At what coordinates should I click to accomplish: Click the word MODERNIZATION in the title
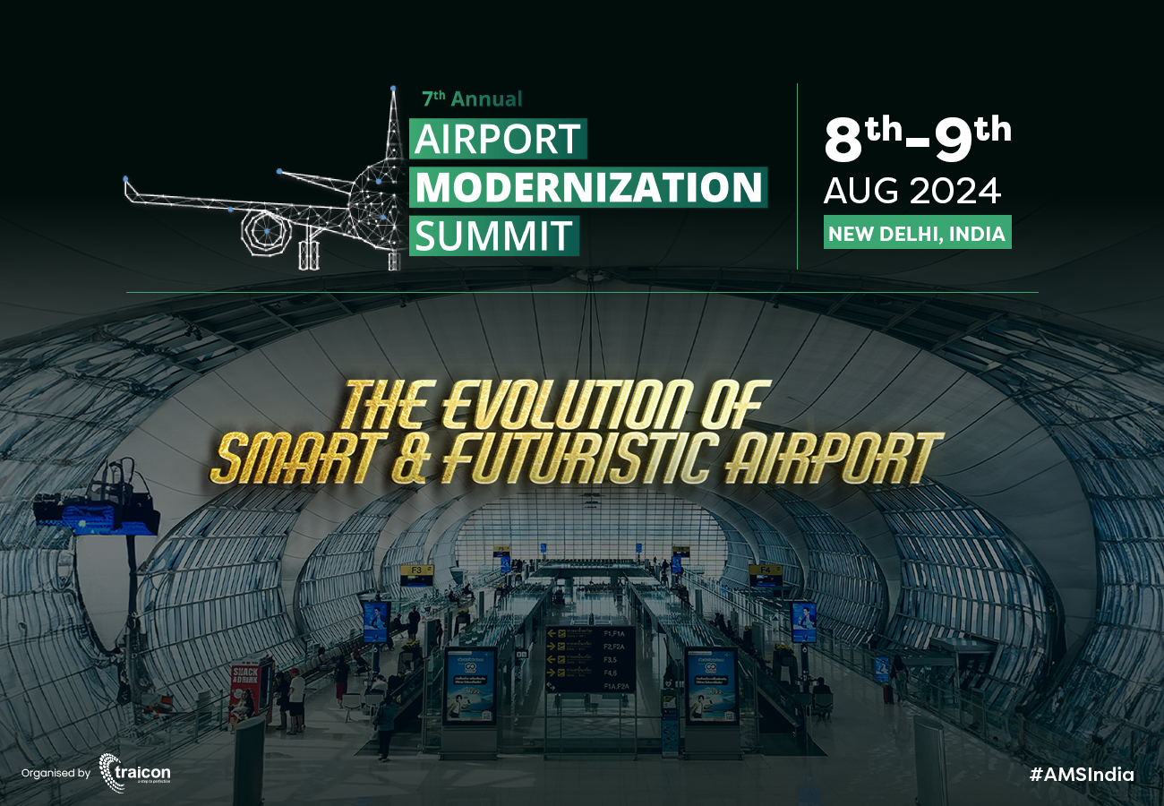pos(589,187)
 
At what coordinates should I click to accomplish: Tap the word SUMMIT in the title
pos(494,236)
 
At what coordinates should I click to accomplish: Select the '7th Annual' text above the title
pos(472,99)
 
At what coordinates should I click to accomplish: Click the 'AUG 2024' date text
pos(912,191)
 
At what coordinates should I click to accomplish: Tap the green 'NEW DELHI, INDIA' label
pos(917,234)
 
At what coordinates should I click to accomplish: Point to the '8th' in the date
pos(863,141)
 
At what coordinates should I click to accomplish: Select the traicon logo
pos(134,772)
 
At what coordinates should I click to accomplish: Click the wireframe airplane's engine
pos(267,230)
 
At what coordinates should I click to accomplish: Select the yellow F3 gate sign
pos(416,570)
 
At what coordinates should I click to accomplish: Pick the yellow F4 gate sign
pos(765,570)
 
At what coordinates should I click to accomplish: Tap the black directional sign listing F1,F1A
pos(590,659)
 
